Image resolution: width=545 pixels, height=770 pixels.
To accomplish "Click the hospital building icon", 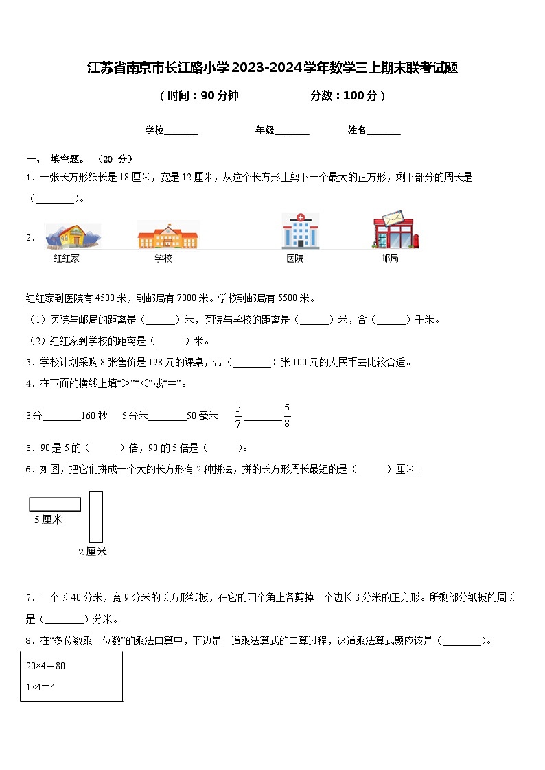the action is (x=300, y=230).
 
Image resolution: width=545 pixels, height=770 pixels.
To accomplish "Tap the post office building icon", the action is (x=395, y=230).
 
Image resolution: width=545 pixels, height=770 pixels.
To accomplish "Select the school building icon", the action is (x=168, y=234).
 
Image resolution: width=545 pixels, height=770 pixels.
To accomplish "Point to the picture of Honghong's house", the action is (x=73, y=235).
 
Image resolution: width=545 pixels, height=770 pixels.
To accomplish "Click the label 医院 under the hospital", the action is (x=295, y=258).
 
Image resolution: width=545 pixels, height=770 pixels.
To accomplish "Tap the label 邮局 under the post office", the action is (x=389, y=258).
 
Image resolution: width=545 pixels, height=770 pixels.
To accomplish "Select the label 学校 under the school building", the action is (x=163, y=258).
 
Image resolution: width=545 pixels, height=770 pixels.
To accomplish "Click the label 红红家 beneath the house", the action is (x=67, y=258).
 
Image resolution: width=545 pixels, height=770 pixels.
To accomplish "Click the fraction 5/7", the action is (x=238, y=416).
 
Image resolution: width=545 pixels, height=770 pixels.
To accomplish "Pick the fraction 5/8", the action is (x=287, y=416).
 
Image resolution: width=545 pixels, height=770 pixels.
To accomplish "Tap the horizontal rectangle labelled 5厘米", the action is (x=55, y=505).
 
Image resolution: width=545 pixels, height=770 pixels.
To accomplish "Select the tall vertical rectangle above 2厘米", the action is (x=96, y=516).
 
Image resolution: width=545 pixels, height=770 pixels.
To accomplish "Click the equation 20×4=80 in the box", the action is (x=46, y=666).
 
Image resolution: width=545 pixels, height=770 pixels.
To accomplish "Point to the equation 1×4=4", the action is (x=40, y=686).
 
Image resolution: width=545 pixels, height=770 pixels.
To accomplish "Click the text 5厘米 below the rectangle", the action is (x=49, y=520).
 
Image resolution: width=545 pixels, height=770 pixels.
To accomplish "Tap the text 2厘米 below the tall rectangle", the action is (x=92, y=552).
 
